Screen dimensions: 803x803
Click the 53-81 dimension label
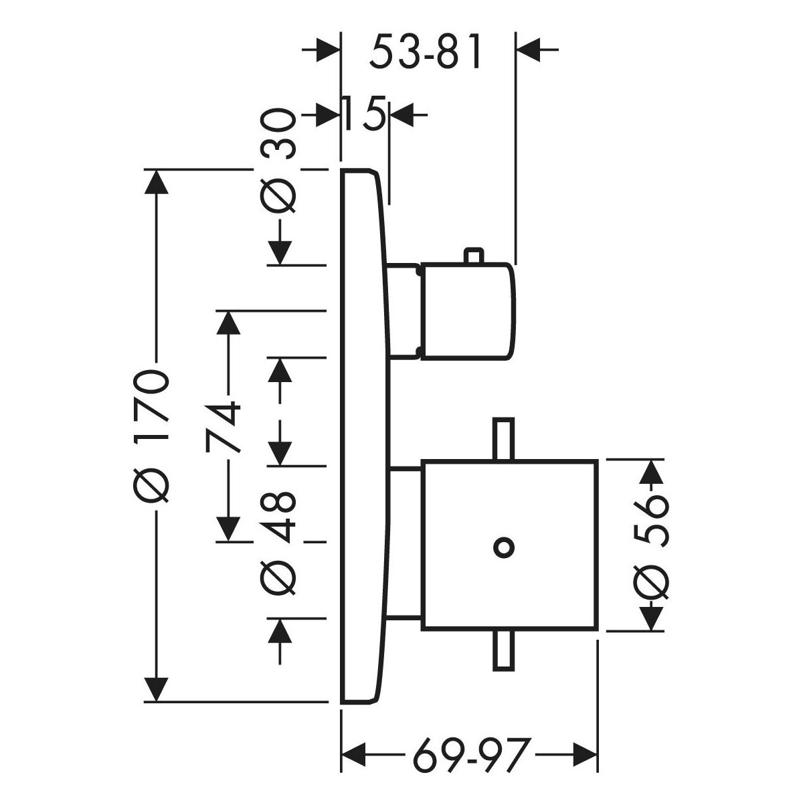click(x=426, y=53)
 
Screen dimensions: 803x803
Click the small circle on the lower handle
click(x=504, y=547)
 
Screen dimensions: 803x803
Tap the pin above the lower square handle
click(x=503, y=439)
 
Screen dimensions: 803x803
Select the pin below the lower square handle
click(x=503, y=650)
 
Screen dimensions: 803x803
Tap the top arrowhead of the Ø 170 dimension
click(x=157, y=184)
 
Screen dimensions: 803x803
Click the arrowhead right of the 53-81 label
click(x=529, y=50)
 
